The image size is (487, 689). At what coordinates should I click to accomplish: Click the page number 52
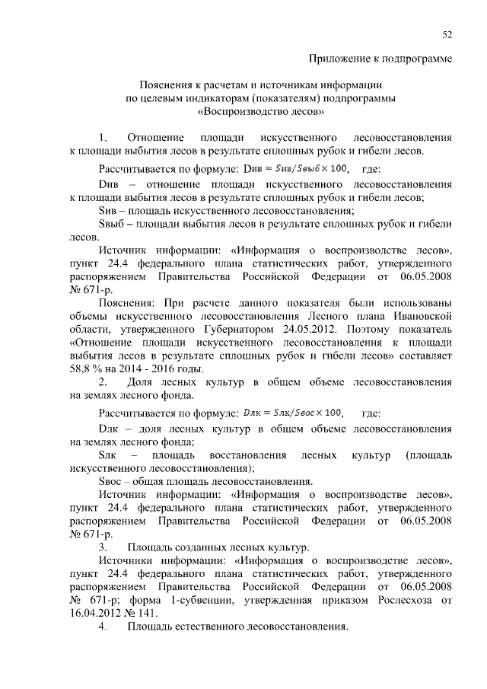click(447, 34)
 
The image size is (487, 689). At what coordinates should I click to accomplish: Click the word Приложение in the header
click(339, 59)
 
